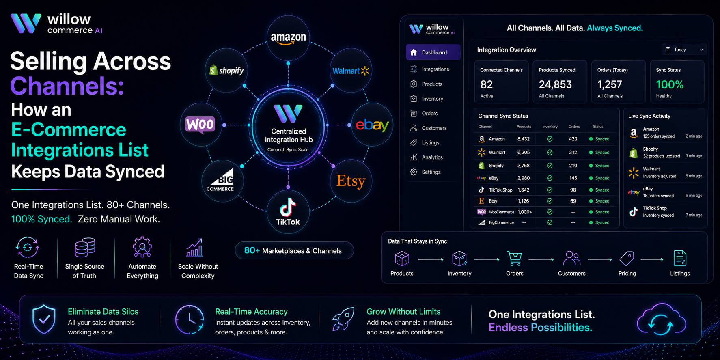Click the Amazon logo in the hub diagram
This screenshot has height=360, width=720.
coord(288,39)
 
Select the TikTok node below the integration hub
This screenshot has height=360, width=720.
coord(288,211)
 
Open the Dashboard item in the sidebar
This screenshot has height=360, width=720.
coord(433,52)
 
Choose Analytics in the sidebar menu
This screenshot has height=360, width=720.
coord(432,157)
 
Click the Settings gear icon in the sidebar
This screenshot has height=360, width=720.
coord(414,172)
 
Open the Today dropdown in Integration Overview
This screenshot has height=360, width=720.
coord(684,50)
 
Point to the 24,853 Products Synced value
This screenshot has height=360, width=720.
coord(555,84)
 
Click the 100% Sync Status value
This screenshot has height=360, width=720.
coord(670,84)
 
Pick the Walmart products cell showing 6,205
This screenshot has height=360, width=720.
coord(524,153)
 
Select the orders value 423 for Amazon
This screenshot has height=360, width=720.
coord(573,139)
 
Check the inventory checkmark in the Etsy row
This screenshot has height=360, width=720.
coord(550,201)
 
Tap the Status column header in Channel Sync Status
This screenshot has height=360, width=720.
coord(598,127)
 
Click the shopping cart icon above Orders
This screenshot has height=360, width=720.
coord(514,258)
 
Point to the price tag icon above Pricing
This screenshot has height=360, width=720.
coord(627,258)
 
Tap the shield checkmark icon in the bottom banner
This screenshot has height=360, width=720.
coord(44,319)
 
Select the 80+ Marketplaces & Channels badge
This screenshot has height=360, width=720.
coord(294,251)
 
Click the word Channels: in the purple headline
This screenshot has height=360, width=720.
coord(67,86)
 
